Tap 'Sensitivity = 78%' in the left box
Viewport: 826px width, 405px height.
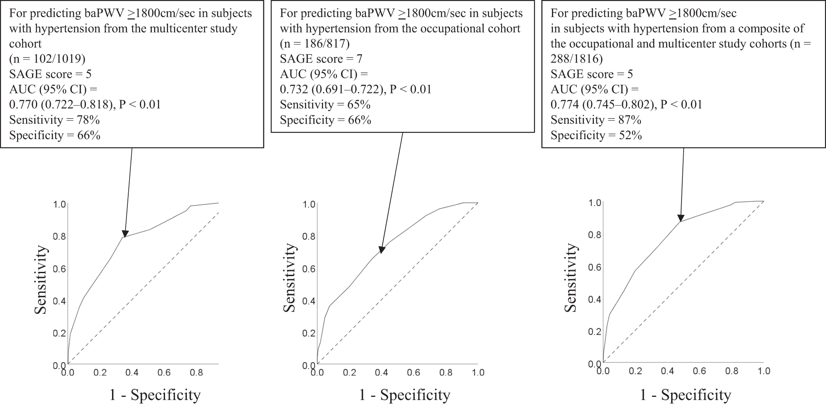click(x=54, y=120)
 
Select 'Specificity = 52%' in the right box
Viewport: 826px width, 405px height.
click(x=596, y=136)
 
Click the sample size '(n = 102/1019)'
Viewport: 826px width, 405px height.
click(x=50, y=59)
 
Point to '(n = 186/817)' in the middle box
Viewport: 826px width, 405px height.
click(x=315, y=44)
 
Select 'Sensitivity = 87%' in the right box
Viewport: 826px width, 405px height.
click(x=596, y=120)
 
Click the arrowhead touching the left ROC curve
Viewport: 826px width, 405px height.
click(x=125, y=233)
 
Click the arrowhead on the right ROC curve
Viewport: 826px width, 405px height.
click(x=681, y=218)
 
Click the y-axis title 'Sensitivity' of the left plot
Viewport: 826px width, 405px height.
click(x=41, y=280)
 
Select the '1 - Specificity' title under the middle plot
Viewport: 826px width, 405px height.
click(x=404, y=395)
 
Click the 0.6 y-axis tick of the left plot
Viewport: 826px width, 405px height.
click(x=59, y=269)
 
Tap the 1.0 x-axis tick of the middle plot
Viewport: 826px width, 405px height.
click(x=478, y=373)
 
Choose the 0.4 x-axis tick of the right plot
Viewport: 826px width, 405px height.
click(x=667, y=371)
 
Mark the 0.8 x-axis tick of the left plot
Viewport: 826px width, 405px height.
click(x=196, y=373)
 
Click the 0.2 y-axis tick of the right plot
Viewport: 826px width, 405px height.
click(x=594, y=332)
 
